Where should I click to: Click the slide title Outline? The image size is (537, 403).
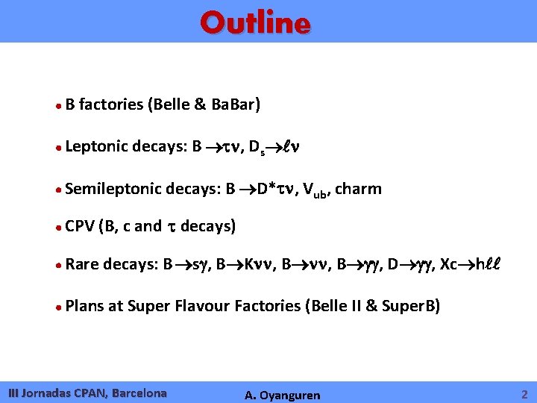tap(255, 23)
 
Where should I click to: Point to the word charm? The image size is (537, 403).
tap(359, 189)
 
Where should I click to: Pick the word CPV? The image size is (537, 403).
tap(79, 225)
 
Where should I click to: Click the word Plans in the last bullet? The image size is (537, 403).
tap(86, 305)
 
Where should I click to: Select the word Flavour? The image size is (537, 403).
tap(203, 305)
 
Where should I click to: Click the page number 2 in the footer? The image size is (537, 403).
tap(524, 393)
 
